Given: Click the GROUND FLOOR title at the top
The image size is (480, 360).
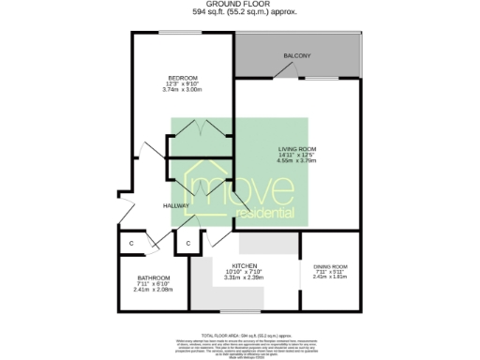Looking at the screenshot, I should (x=239, y=5).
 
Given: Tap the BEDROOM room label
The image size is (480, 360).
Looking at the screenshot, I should (x=182, y=77).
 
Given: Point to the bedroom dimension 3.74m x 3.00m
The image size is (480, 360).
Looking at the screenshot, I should (x=182, y=90).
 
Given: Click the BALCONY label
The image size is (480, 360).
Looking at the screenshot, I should (x=297, y=57).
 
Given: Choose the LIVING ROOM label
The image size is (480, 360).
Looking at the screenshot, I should (x=295, y=149).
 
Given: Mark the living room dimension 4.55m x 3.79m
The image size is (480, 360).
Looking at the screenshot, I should (x=295, y=161).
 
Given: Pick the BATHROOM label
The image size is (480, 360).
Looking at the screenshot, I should (x=153, y=277).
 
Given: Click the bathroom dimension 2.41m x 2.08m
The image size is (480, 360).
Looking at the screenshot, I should (x=153, y=290).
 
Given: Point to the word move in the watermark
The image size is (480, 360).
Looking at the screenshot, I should (x=247, y=190).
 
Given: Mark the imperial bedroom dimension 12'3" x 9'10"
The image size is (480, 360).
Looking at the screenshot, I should (x=182, y=83).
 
